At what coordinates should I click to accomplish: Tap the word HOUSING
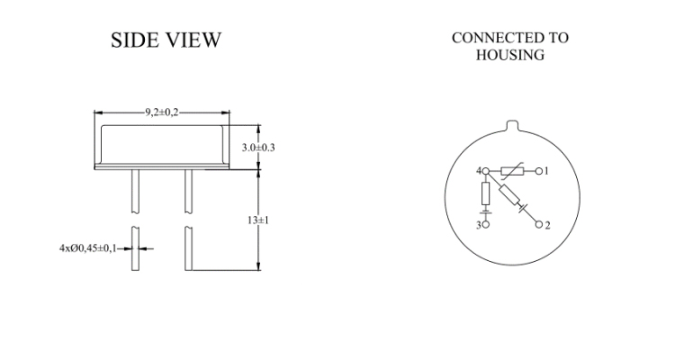click(510, 55)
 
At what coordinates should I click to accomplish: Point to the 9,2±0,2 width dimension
click(161, 112)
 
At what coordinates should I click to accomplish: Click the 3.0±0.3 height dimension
click(258, 148)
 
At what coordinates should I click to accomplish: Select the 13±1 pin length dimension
click(258, 220)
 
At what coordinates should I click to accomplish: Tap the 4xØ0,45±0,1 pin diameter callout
click(88, 248)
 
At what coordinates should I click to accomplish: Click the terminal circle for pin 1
click(539, 171)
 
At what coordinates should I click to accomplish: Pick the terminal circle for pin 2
click(539, 224)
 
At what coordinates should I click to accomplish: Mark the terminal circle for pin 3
click(486, 224)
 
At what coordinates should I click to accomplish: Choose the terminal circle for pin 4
click(486, 171)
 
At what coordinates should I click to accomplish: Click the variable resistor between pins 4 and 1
click(512, 171)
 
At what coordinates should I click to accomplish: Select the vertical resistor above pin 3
click(486, 193)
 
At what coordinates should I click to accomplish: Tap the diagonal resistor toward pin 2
click(509, 195)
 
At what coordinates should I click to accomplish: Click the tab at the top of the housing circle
click(512, 125)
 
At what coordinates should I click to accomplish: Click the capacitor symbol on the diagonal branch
click(523, 209)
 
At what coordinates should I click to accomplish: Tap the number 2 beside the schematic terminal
click(547, 225)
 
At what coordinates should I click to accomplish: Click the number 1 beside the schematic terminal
click(546, 171)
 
